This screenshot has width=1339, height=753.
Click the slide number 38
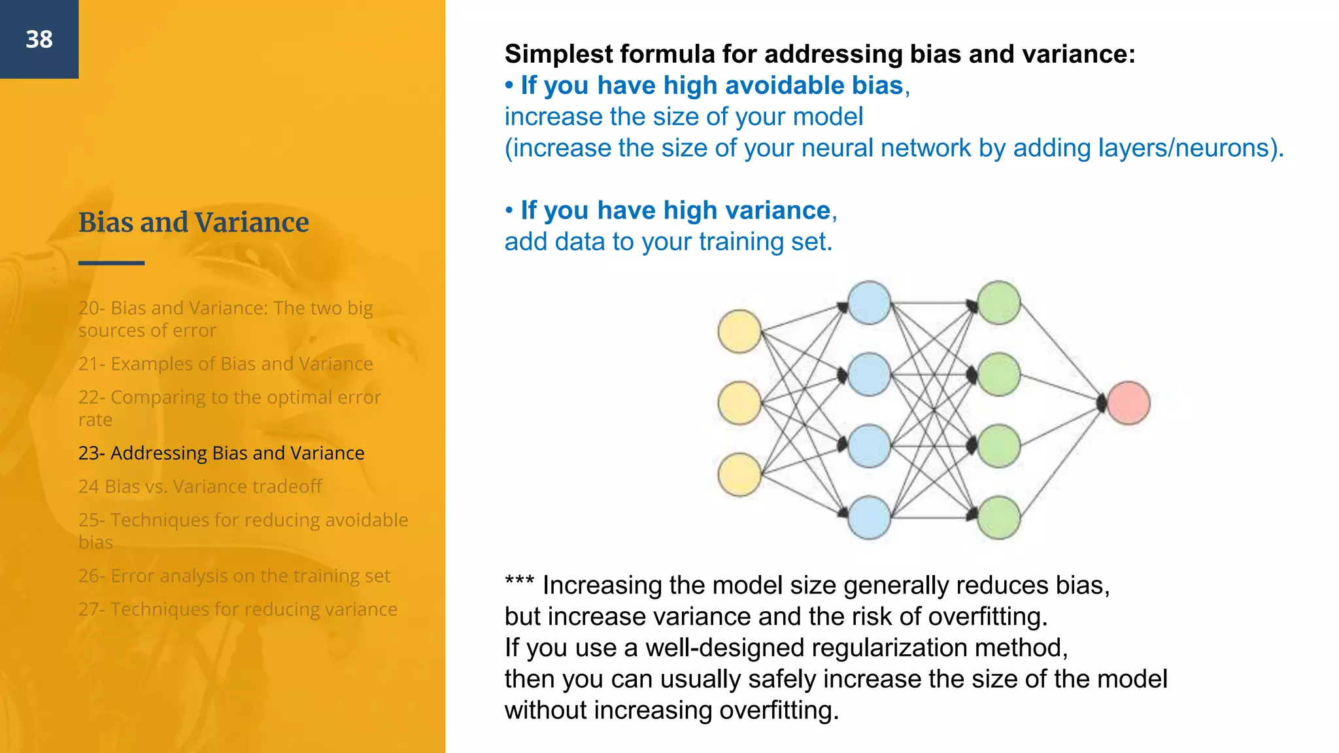pyautogui.click(x=39, y=39)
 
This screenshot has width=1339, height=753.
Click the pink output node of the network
pyautogui.click(x=1128, y=403)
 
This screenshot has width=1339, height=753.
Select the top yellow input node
pyautogui.click(x=739, y=331)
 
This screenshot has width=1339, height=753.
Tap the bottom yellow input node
pyautogui.click(x=739, y=475)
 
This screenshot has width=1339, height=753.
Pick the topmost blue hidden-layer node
pyautogui.click(x=869, y=303)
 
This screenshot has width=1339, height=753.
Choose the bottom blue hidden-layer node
pyautogui.click(x=869, y=518)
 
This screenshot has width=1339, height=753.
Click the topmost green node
pyautogui.click(x=999, y=303)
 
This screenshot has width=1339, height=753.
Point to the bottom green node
pyautogui.click(x=999, y=518)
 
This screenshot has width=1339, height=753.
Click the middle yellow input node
pyautogui.click(x=739, y=403)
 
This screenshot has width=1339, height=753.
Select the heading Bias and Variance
pyautogui.click(x=194, y=222)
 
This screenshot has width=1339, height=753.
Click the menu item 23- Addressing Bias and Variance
pyautogui.click(x=221, y=453)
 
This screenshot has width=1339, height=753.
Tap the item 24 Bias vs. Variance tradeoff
pyautogui.click(x=200, y=486)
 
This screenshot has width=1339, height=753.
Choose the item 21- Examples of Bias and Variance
pyautogui.click(x=226, y=363)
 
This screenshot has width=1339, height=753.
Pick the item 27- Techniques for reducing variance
pyautogui.click(x=237, y=609)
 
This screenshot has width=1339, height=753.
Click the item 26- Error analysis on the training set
pyautogui.click(x=234, y=576)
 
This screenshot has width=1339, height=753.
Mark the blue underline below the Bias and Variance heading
pyautogui.click(x=111, y=263)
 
